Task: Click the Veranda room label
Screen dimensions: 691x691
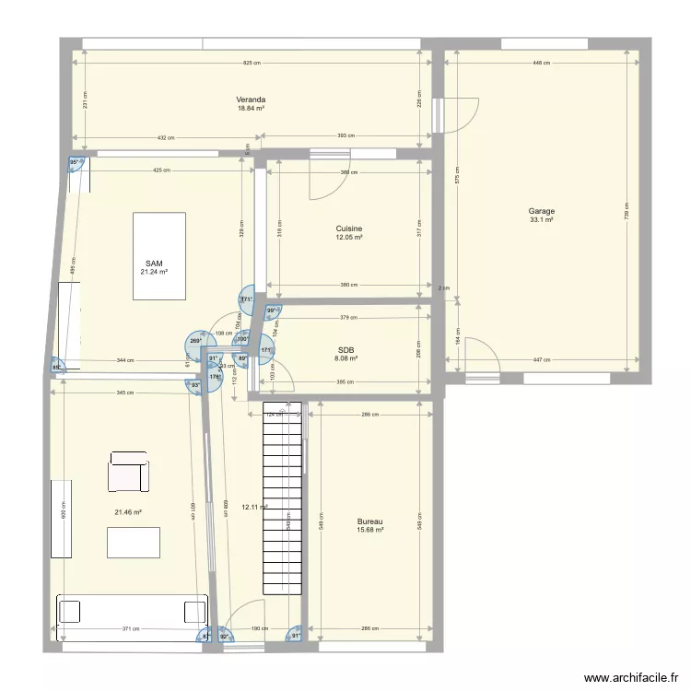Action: pos(251,99)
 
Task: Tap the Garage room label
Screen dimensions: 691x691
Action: pos(541,211)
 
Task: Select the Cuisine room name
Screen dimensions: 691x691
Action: pos(348,228)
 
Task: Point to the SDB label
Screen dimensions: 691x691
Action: pos(346,350)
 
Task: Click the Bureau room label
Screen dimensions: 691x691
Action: pos(369,521)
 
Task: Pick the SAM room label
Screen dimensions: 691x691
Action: pos(154,264)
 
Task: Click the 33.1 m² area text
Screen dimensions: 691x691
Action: pos(541,220)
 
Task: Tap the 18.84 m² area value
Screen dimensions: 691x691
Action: pos(251,108)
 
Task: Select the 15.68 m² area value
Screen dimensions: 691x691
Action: pos(369,530)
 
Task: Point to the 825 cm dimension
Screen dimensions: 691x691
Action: pos(251,64)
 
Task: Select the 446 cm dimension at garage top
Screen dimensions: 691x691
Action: pos(541,64)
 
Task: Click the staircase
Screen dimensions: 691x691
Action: pos(282,498)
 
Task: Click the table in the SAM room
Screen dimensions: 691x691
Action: pos(159,255)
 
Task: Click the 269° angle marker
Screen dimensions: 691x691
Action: pos(195,341)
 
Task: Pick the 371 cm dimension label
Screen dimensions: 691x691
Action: pos(131,629)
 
